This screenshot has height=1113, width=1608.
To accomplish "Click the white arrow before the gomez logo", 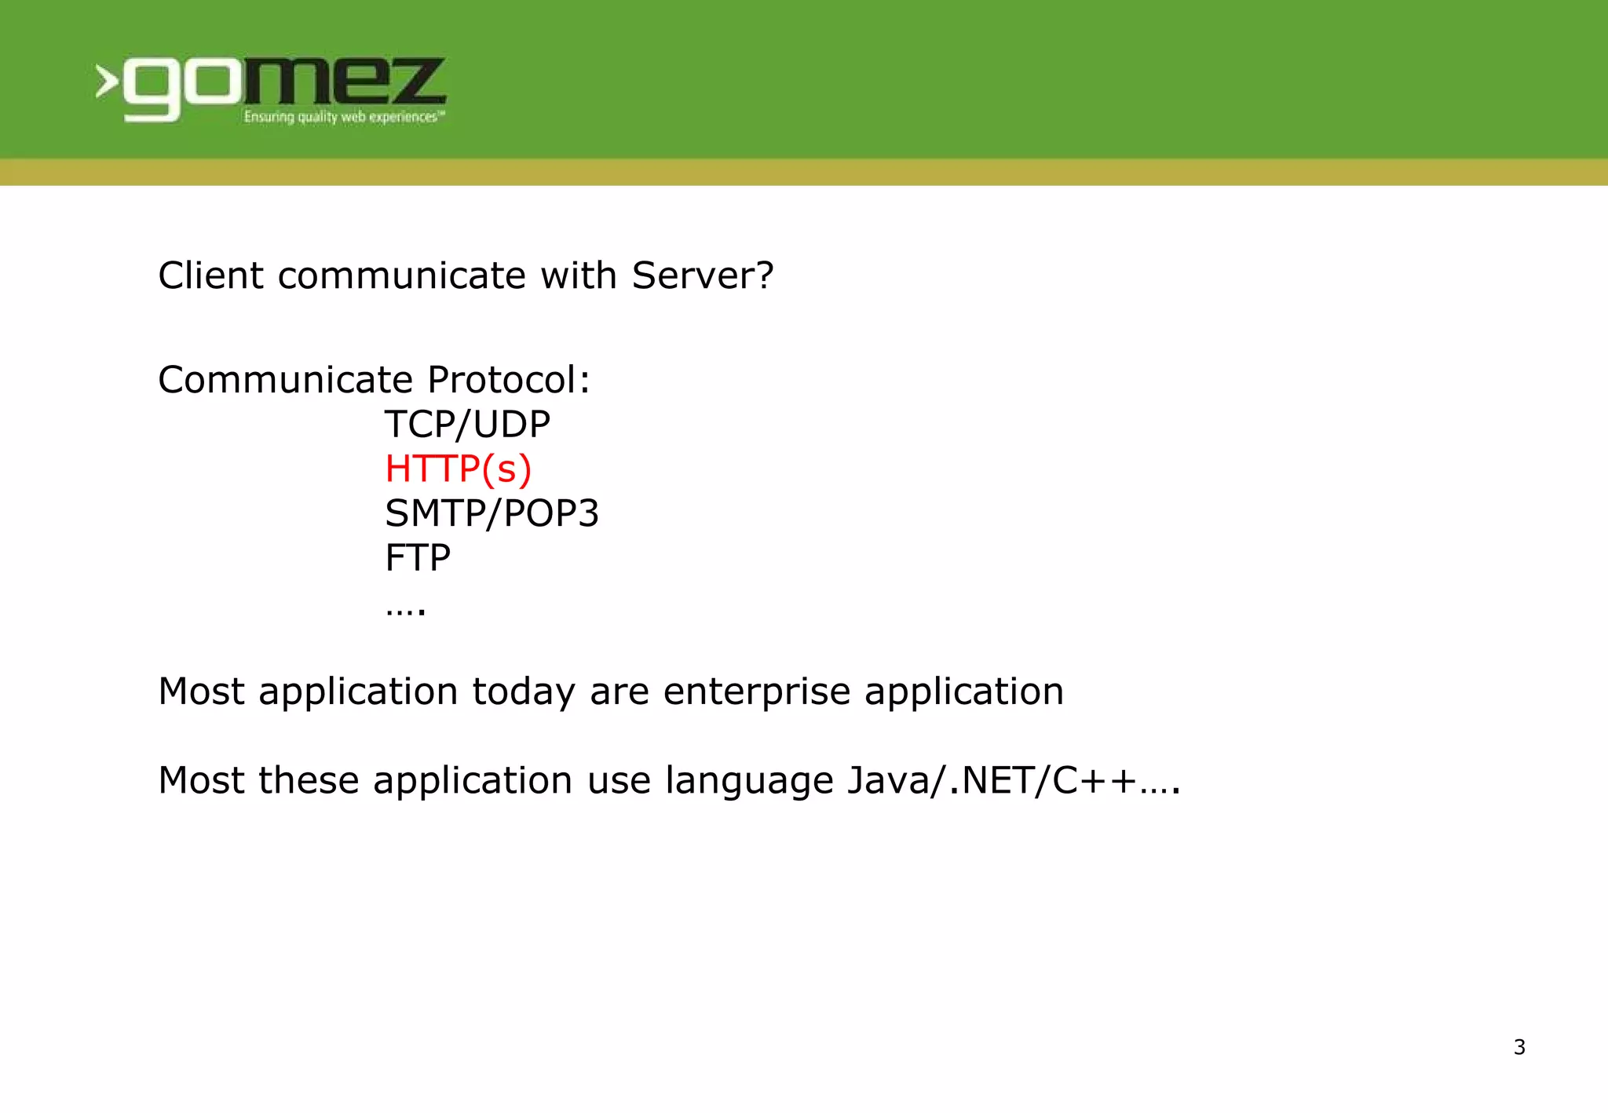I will coord(107,82).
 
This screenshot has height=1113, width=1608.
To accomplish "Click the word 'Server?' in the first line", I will coord(703,276).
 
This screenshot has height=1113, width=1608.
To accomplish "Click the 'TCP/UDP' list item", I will coord(467,425).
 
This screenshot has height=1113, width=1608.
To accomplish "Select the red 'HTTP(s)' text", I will coord(459,469).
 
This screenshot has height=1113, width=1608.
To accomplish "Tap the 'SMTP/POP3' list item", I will coord(492,513).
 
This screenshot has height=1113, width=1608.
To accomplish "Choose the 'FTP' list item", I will coord(418,558).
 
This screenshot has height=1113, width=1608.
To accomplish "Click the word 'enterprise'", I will coord(757,692).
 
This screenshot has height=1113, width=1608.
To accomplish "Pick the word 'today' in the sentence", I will coord(524,692).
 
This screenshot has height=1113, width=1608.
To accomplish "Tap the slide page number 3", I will coord(1519,1047).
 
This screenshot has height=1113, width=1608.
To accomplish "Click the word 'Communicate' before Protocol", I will coord(286,380).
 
